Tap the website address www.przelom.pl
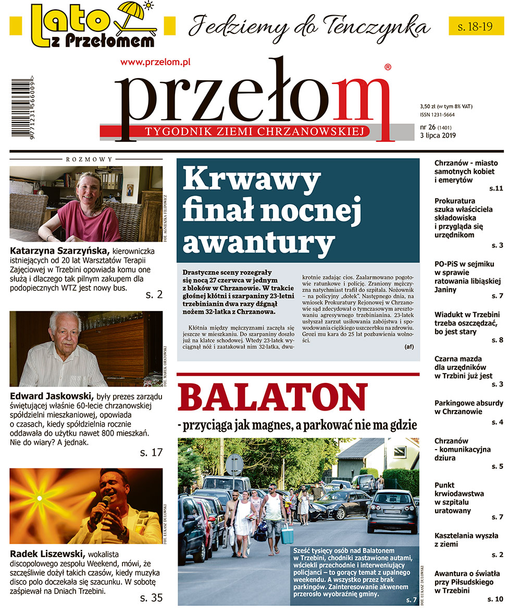[155, 61]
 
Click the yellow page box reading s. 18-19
[476, 26]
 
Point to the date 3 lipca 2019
[438, 136]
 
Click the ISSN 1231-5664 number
[437, 115]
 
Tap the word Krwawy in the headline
[251, 181]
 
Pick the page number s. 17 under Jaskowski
[151, 453]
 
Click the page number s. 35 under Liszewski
[151, 598]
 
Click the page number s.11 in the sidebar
[495, 188]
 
